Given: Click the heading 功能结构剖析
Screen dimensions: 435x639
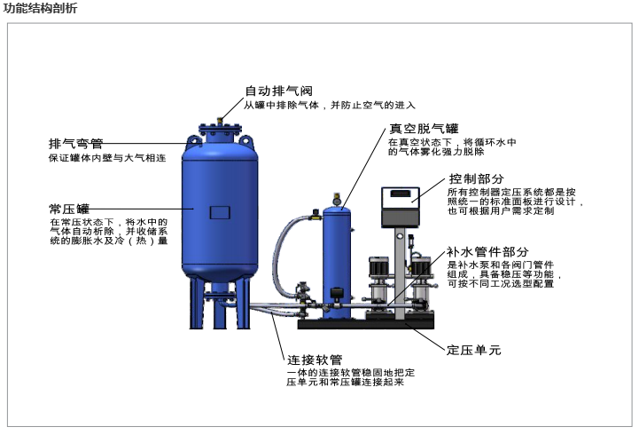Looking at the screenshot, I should pyautogui.click(x=40, y=8).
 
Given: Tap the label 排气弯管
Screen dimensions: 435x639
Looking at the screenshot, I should pyautogui.click(x=76, y=144).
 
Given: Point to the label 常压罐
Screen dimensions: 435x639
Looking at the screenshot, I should pyautogui.click(x=69, y=208).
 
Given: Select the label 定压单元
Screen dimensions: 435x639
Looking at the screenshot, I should pyautogui.click(x=474, y=348).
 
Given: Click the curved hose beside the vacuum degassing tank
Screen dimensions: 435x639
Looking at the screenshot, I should pyautogui.click(x=281, y=244).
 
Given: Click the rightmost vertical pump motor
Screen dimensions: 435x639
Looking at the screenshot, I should pyautogui.click(x=419, y=266).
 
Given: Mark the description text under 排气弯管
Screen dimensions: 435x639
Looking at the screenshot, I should pyautogui.click(x=106, y=159).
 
